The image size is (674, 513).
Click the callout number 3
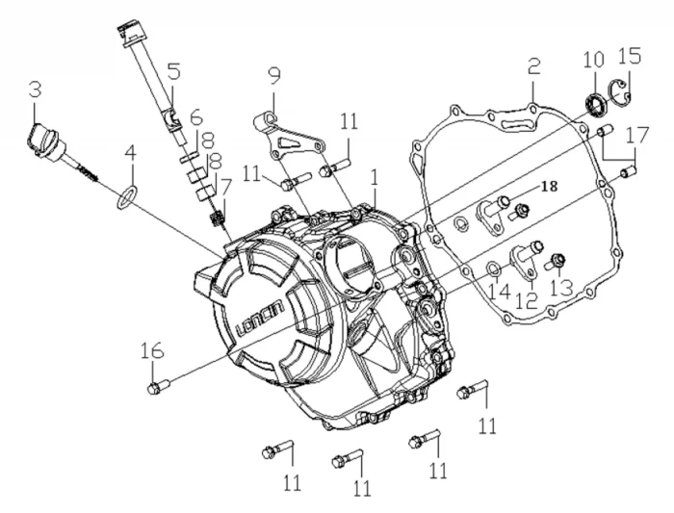coord(35,91)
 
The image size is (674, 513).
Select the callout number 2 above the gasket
coord(533,66)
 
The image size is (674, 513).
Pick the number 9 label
coord(273,73)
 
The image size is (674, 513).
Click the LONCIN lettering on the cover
coord(256,319)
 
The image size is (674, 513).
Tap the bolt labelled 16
coord(156,387)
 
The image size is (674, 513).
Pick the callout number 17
coord(635,138)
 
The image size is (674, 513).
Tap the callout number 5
coord(174,71)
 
